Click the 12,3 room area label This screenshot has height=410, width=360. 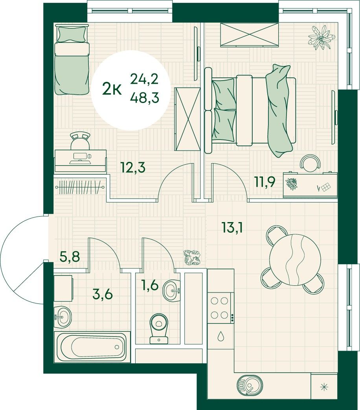point(133,167)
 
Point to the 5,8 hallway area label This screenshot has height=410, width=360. point(70,257)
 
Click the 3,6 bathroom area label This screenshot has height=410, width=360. point(103,294)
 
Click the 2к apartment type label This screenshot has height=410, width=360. point(112,89)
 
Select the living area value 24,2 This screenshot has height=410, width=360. point(145,79)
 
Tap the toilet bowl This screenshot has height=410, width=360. point(159,328)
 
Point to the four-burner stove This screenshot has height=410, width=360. point(220,308)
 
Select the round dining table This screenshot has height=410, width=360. point(295,259)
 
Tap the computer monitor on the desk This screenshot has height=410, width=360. point(81,156)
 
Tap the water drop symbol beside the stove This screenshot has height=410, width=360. point(221,336)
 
